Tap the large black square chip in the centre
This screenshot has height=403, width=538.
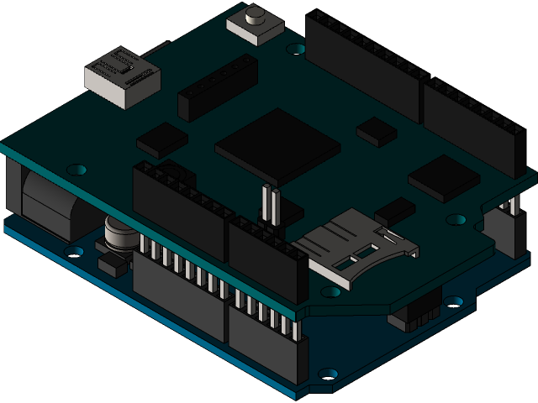point(277,145)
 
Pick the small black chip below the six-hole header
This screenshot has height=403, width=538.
point(162,139)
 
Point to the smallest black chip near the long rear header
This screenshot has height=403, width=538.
point(376,130)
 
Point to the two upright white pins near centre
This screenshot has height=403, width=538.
point(270,204)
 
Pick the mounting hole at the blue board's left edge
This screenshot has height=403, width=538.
point(74,251)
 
